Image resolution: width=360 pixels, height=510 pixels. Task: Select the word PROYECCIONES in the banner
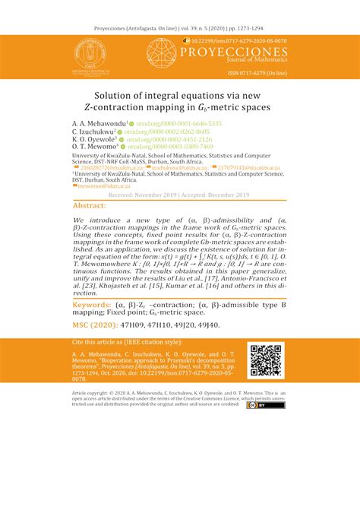(242, 52)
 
